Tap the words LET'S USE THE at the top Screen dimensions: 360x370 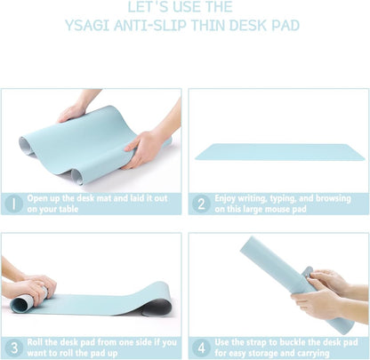184,7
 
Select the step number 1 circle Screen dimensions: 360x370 13,203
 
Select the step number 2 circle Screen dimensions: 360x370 201,203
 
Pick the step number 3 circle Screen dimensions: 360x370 13,347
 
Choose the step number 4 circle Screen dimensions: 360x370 201,347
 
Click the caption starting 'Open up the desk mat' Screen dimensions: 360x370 102,204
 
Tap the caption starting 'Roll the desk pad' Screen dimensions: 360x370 102,347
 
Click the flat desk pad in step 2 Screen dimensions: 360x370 278,152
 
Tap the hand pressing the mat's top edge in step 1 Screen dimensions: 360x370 74,110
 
